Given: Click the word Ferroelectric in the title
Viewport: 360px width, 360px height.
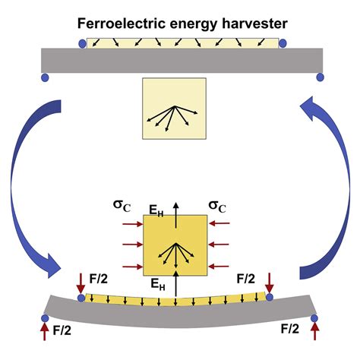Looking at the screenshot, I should (x=115, y=23).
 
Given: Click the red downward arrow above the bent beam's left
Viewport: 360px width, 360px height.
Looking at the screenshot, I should (x=80, y=283).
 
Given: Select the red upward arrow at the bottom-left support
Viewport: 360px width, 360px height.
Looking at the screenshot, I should (x=42, y=329).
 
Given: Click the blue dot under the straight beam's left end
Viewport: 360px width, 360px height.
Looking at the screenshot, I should (x=45, y=77).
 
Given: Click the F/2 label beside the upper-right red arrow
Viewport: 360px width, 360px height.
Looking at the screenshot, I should (x=245, y=279).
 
